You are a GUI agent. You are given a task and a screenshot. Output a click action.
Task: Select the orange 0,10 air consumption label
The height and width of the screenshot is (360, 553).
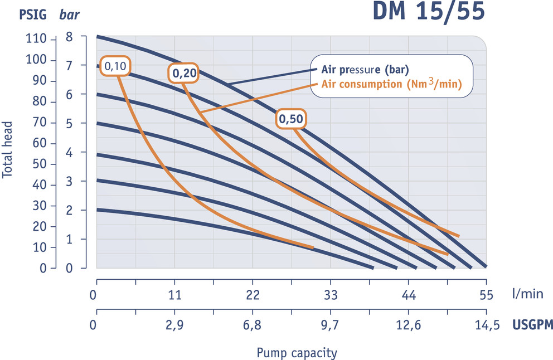tap(116, 66)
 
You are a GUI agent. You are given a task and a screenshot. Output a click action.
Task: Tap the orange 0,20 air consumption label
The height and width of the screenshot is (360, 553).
tap(183, 73)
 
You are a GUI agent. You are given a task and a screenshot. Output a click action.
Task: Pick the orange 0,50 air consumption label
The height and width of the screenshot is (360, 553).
tap(291, 119)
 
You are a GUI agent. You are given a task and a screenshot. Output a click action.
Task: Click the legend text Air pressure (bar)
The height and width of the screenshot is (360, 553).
tap(365, 70)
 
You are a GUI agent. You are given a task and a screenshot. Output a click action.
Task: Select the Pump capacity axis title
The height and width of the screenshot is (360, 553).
tap(297, 353)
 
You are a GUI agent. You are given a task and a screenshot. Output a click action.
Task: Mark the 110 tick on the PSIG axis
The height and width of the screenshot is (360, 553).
tap(36, 39)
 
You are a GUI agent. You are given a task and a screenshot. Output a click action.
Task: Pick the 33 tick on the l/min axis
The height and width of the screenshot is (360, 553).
tap(331, 294)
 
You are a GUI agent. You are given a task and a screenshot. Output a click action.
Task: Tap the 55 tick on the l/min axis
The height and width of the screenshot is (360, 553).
tap(487, 294)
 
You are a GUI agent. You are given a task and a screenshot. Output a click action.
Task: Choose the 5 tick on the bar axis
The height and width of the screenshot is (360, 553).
tap(69, 123)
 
